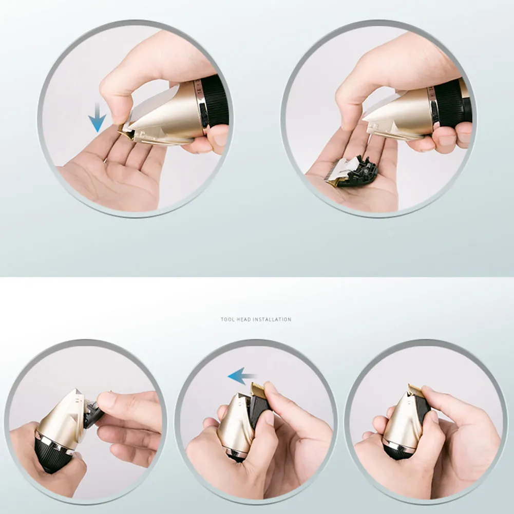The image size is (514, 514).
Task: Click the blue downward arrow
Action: (x=97, y=118)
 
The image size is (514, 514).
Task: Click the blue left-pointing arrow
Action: (x=242, y=376)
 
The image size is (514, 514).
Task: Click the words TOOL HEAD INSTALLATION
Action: (x=256, y=319)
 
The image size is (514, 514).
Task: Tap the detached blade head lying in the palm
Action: (x=351, y=172)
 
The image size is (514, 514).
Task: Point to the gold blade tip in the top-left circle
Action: (x=126, y=133)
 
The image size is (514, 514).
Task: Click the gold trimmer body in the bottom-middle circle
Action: (x=235, y=423)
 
